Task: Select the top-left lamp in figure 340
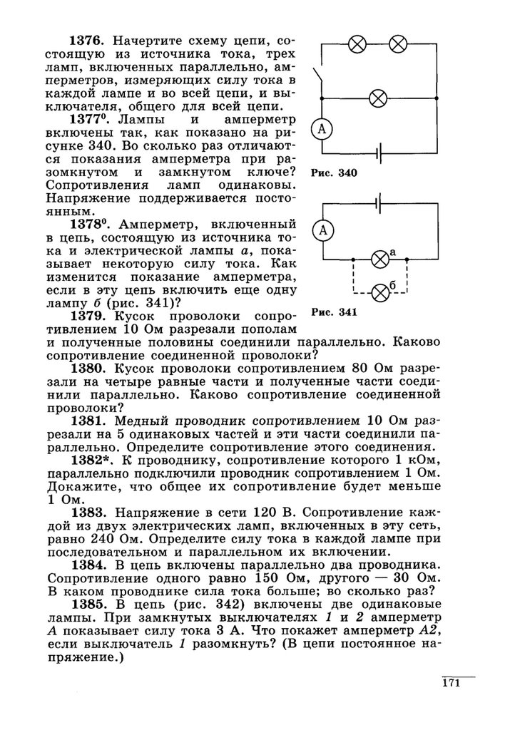click(357, 43)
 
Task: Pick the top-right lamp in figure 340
click(398, 43)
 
